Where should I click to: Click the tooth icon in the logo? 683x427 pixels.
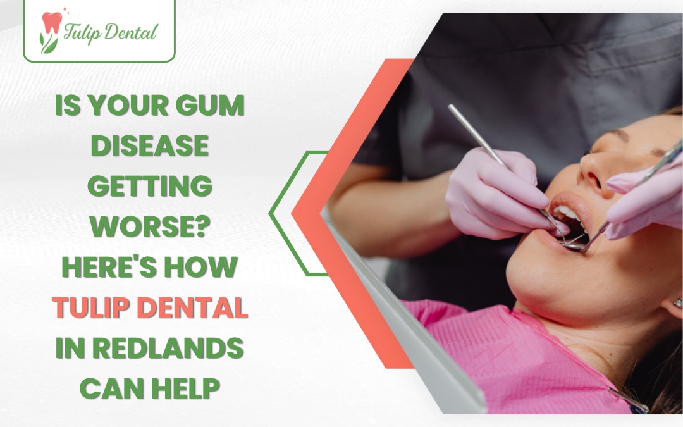point(51,23)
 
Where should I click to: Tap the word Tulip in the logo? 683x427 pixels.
point(83,32)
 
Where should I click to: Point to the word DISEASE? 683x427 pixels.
point(149,147)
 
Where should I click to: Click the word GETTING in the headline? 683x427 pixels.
point(149,187)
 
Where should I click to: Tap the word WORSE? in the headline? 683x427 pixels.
point(149,227)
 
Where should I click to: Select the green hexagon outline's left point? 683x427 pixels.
point(271,214)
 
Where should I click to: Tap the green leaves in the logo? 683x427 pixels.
point(49,42)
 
